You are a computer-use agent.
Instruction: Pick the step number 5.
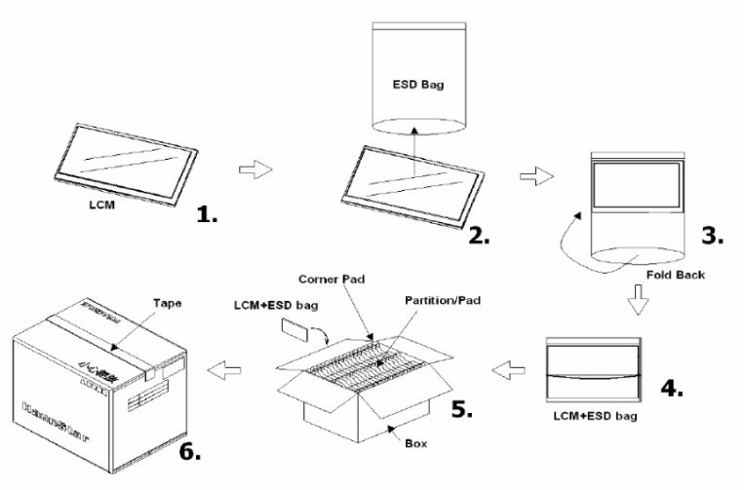pyautogui.click(x=461, y=408)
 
